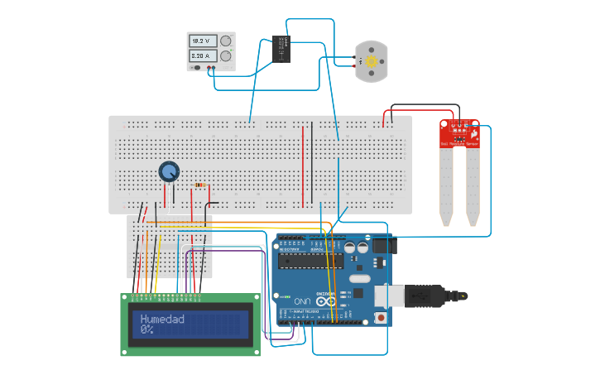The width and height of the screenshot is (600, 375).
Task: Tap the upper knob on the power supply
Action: coord(225,41)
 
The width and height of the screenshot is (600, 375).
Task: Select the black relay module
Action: coord(281,48)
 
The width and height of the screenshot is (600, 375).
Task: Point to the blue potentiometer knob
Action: coord(169,171)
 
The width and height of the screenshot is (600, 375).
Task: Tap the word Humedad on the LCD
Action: coord(162,319)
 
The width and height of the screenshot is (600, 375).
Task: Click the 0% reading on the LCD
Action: coord(146,329)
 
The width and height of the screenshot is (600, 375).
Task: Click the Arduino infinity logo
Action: coord(328,300)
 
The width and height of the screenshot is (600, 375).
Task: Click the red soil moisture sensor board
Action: coord(459,133)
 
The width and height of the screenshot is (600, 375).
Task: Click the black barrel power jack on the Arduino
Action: coord(382,246)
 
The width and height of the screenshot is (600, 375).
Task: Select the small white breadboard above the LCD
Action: coord(170,247)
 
